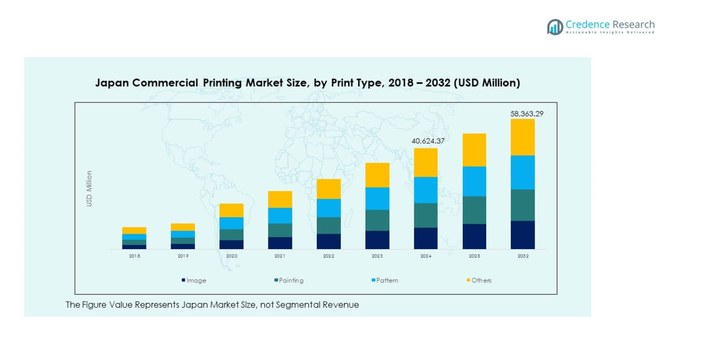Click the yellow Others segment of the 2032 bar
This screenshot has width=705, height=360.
point(522,137)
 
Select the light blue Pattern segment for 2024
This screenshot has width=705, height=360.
point(425,190)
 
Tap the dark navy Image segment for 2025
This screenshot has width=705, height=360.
point(474,236)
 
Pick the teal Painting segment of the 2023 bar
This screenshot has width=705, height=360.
point(377,220)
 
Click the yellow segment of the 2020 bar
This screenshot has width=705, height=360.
point(231,210)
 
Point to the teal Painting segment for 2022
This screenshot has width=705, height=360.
point(329,225)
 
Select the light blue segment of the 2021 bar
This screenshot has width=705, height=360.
point(280,215)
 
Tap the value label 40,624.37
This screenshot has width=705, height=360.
point(428,142)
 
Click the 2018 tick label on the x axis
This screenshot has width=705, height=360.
point(134,256)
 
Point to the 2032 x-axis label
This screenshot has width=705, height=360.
point(522,256)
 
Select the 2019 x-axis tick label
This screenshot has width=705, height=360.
point(183,256)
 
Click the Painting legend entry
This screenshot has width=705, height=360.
point(291,280)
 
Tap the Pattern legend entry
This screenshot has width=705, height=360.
point(387,280)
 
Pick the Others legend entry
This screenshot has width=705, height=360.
point(481,280)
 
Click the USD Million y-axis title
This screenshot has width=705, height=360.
point(89,188)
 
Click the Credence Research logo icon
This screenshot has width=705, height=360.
point(555,27)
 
